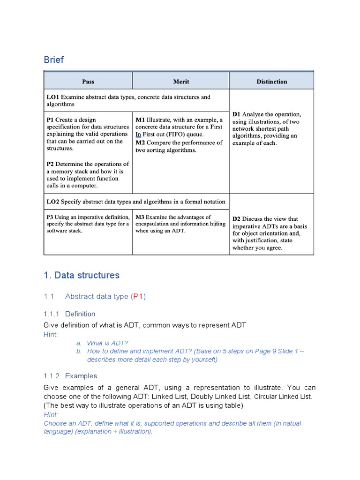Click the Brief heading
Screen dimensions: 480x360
coord(54,60)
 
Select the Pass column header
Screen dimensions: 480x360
coord(88,82)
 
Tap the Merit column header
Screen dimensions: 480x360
coord(181,82)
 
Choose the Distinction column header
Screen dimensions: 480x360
coord(271,82)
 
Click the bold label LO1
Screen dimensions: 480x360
coord(52,97)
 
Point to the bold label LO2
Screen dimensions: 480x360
coord(52,202)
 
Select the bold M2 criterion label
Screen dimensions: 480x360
coord(141,142)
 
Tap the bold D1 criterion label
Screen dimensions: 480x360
coord(236,114)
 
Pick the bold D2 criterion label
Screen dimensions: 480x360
coord(237,219)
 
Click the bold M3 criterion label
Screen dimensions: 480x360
coord(140,217)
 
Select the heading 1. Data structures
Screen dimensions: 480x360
coord(82,275)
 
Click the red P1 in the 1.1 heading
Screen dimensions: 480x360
coord(139,297)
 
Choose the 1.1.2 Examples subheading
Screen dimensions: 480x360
coord(70,376)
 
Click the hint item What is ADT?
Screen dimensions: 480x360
coord(107,343)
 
